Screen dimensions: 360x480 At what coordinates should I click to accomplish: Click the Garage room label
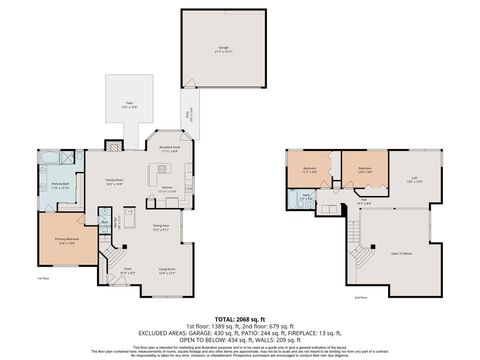point(224,48)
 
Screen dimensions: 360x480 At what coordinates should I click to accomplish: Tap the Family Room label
point(115,181)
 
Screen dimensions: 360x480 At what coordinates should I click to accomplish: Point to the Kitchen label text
point(167,187)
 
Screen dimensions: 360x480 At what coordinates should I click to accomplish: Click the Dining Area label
point(160,228)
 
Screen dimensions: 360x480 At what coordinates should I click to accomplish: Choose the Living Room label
point(166,269)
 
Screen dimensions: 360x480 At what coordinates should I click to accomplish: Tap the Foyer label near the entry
point(128,269)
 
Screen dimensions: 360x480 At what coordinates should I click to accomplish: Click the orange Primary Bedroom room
point(67,241)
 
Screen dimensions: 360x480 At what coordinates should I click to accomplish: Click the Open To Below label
point(402,253)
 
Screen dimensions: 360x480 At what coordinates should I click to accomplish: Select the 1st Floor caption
point(43,279)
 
